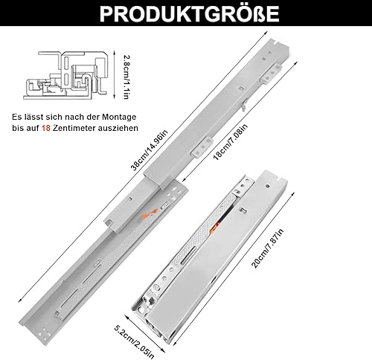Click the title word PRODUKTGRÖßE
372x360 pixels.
[x=186, y=15]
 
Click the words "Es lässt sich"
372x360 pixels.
[x=35, y=118]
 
